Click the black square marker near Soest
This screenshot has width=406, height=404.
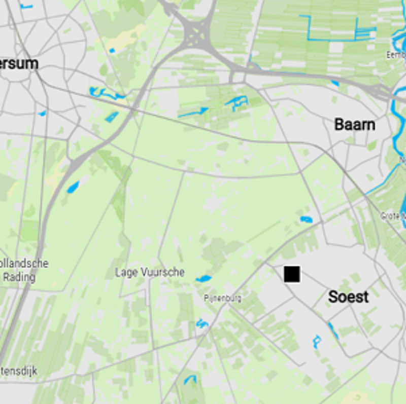point(292,274)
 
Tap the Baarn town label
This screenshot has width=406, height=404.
point(355,125)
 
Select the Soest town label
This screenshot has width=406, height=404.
point(348,297)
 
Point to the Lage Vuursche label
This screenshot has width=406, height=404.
point(150,272)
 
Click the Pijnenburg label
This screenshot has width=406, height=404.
point(222,298)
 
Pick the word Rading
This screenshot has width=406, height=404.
point(19,277)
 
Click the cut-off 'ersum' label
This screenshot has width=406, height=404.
point(19,63)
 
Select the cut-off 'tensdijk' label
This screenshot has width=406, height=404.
point(19,371)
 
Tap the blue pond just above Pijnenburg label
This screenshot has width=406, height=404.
point(204,278)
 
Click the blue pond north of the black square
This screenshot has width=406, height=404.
point(306,219)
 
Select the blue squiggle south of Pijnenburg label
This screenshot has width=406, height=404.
point(202,323)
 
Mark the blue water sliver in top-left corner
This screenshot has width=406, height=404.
point(25,6)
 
